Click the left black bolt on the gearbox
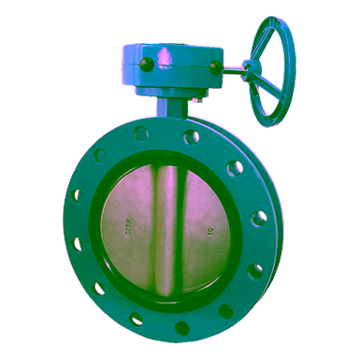(x=146, y=65)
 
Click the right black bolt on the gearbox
(x=215, y=66)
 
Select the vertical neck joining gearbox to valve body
(x=169, y=108)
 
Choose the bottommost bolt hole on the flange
(x=181, y=328)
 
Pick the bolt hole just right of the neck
(x=192, y=137)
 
